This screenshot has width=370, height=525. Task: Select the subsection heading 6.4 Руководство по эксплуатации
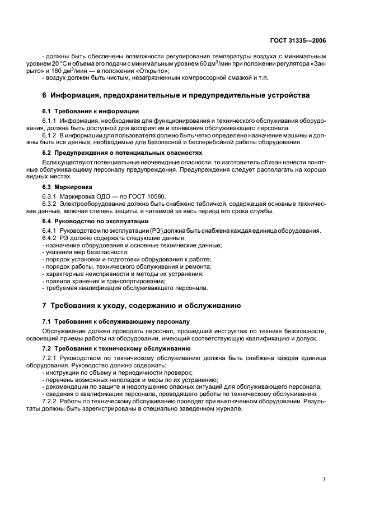[x=96, y=222]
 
